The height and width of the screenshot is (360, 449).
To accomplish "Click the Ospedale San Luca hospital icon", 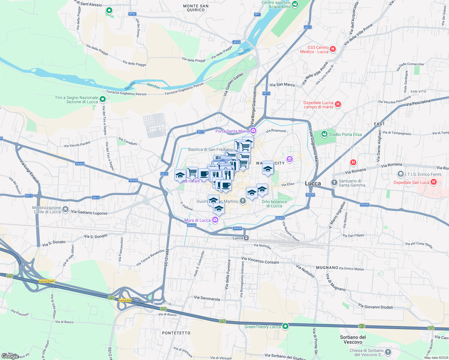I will (433, 182).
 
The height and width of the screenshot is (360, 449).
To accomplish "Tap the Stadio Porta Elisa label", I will (345, 134).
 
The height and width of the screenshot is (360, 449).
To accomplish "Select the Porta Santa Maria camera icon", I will (254, 130).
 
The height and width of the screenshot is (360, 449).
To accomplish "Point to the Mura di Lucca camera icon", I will (215, 220).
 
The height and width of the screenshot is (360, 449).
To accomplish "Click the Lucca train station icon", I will (246, 238).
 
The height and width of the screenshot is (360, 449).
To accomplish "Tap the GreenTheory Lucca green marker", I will (285, 326).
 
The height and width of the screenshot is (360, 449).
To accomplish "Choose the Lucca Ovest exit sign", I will (47, 281).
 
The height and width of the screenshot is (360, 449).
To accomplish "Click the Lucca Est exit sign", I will (125, 300).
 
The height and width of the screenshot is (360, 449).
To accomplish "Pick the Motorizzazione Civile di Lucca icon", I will (66, 209).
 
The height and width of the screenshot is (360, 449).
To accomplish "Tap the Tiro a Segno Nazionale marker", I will (103, 99).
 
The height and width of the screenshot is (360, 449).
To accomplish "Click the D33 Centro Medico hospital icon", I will (333, 49).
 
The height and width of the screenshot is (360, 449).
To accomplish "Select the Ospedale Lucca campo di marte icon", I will (338, 104).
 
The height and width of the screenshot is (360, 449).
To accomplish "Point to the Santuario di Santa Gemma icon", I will (334, 182).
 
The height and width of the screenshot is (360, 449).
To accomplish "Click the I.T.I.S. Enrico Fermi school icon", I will (400, 174).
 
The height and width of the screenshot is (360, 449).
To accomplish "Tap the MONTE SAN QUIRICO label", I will (196, 8).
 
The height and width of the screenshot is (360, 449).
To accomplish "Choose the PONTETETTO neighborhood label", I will (176, 333).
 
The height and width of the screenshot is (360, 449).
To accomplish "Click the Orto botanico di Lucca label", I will (274, 204).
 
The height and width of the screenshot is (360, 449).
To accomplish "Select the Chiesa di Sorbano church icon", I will (388, 352).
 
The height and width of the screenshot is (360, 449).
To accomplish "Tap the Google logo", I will (10, 356).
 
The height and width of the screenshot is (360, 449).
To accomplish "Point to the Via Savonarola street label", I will (207, 298).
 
